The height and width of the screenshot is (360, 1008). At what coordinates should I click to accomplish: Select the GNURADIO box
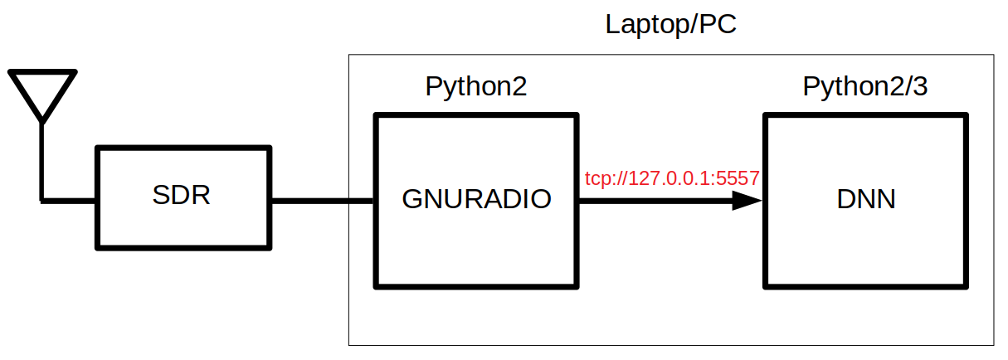pyautogui.click(x=476, y=249)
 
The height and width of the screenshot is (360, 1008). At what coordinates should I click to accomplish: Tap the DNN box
pyautogui.click(x=865, y=249)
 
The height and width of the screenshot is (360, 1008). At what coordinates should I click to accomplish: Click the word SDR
pyautogui.click(x=182, y=197)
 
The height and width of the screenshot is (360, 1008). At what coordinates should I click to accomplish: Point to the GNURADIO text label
pyautogui.click(x=476, y=199)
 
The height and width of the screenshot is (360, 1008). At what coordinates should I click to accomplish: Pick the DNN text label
pyautogui.click(x=866, y=199)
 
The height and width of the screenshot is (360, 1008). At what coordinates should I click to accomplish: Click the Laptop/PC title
pyautogui.click(x=670, y=24)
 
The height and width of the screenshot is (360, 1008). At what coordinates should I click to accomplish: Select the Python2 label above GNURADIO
pyautogui.click(x=475, y=86)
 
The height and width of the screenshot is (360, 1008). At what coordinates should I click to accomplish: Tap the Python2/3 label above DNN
pyautogui.click(x=864, y=86)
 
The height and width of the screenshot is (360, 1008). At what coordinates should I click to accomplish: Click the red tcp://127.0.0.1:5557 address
pyautogui.click(x=672, y=178)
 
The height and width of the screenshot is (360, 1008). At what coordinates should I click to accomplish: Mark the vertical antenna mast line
pyautogui.click(x=41, y=162)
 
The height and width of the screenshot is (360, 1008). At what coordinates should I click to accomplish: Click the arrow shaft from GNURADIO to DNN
pyautogui.click(x=655, y=200)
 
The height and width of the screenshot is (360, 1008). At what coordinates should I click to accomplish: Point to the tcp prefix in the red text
pyautogui.click(x=597, y=178)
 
